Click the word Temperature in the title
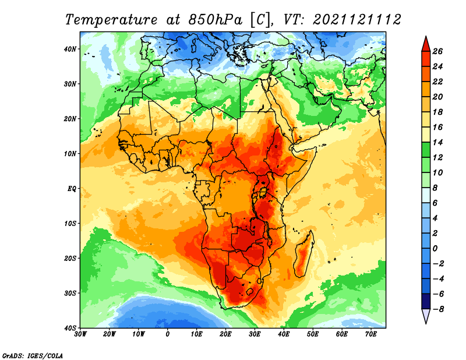pos(111,20)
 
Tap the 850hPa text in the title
pos(216,20)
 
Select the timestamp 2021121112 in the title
pos(357,20)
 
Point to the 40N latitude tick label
pos(70,49)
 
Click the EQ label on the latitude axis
pos(72,189)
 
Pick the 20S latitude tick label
pos(70,258)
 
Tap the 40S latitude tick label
pos(70,328)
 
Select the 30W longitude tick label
pos(80,334)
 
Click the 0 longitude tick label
pos(168,334)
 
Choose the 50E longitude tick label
pos(313,334)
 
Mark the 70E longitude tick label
pos(370,334)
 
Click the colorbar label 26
pos(437,51)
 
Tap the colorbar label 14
pos(437,142)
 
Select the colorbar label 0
pos(435,249)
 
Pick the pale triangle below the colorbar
pos(426,315)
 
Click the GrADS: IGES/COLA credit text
pos(33,355)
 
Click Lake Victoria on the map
pos(263,192)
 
